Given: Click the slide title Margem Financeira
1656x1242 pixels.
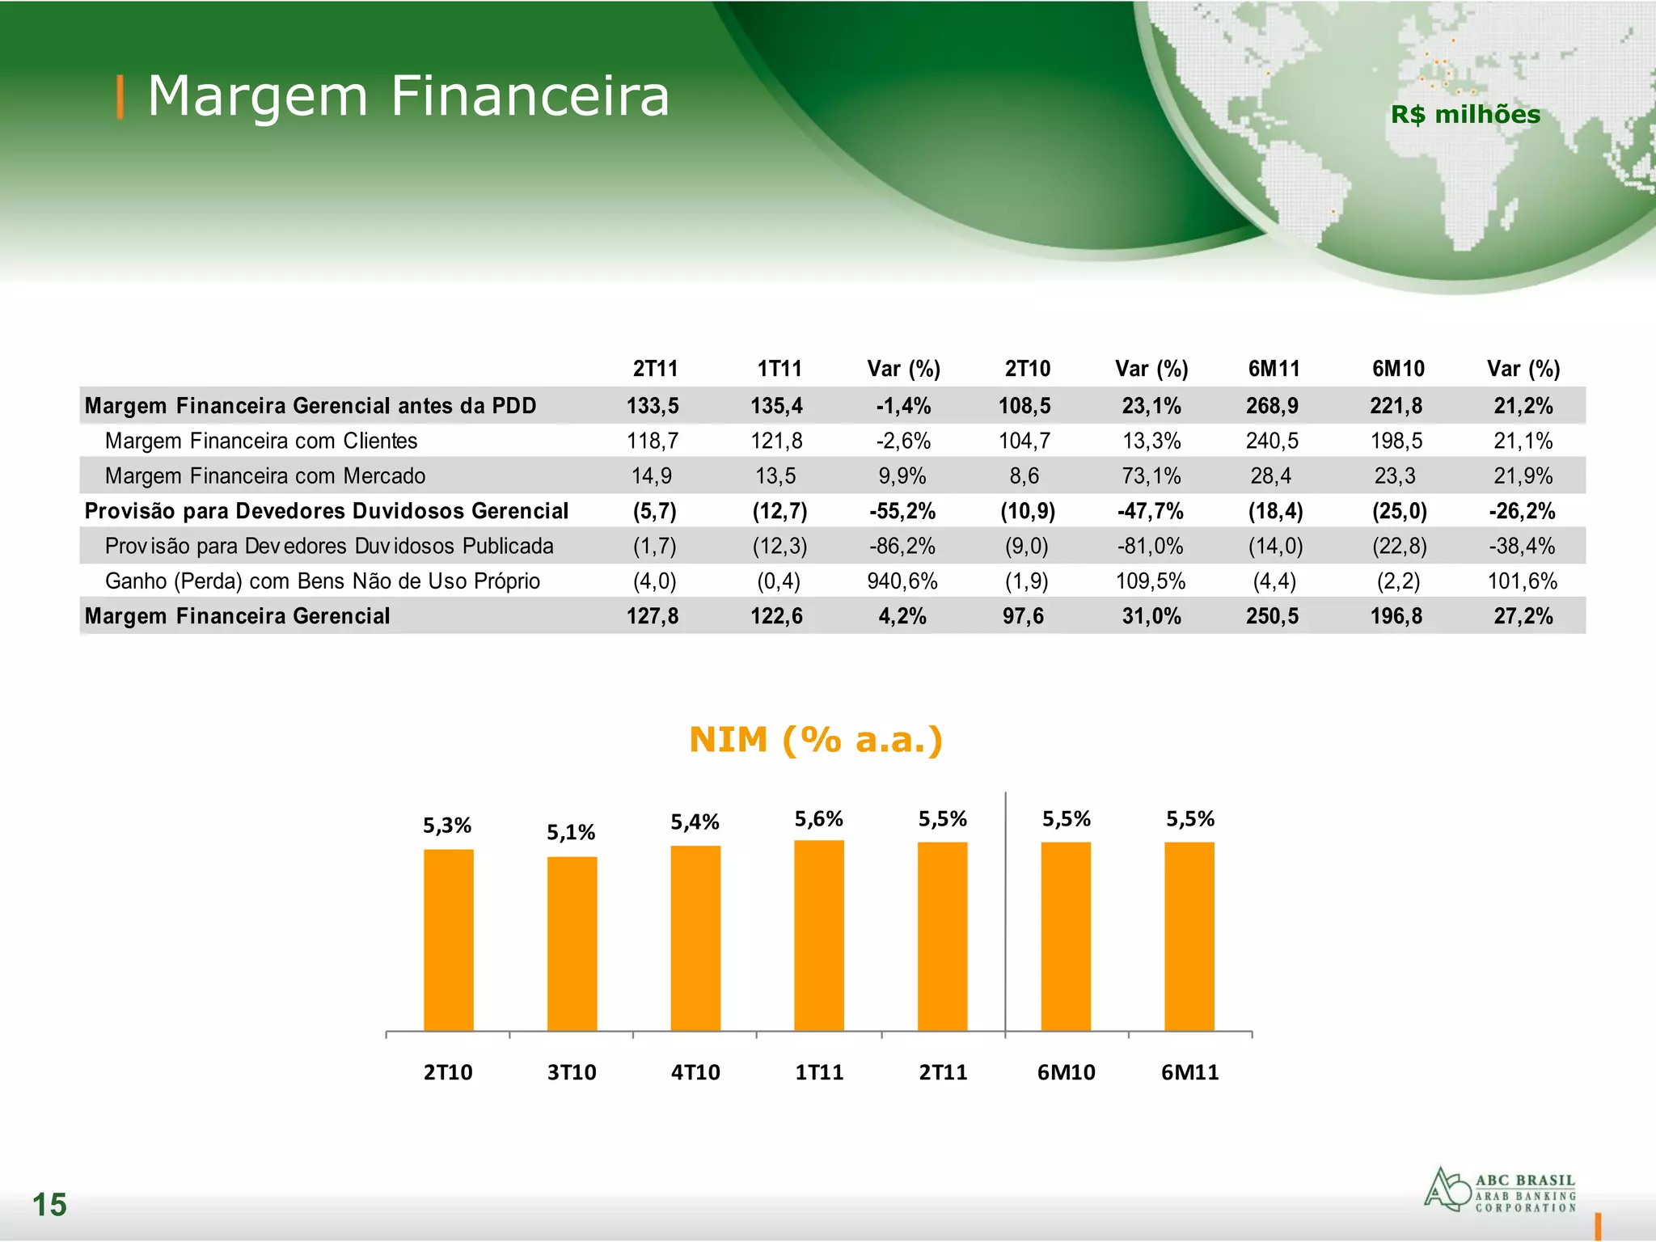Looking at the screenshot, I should [408, 96].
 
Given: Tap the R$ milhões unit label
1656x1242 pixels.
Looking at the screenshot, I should [1465, 115].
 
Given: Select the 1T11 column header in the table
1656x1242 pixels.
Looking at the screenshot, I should [779, 369].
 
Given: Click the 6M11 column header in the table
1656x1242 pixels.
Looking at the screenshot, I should [1274, 369].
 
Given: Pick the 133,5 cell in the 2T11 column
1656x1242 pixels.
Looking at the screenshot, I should [653, 406].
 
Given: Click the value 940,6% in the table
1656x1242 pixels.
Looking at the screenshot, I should [902, 581].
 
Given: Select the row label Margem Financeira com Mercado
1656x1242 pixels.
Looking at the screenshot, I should [265, 476].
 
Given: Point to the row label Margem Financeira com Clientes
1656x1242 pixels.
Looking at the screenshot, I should [261, 441].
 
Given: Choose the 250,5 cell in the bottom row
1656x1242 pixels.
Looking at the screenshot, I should [1272, 616].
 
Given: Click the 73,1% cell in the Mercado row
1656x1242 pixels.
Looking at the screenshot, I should [1151, 476].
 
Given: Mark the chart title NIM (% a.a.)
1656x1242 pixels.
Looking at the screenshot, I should [816, 740].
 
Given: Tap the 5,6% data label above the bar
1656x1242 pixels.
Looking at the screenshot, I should [818, 819].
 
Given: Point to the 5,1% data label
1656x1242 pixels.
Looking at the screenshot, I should [571, 832].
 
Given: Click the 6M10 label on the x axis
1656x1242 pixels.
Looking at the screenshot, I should [1066, 1072].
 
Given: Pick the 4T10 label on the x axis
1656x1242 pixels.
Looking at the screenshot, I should [695, 1072].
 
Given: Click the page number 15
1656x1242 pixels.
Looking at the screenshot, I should [49, 1205].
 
